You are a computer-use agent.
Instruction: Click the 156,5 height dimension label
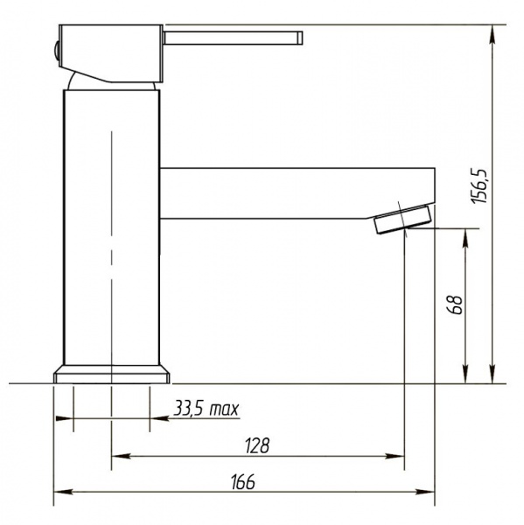[x=479, y=186]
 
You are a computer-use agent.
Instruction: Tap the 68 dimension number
[x=456, y=304]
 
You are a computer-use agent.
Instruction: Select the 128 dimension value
[x=257, y=445]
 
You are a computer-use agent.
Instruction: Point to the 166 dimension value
[x=243, y=481]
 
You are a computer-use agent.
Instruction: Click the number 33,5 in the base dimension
[x=188, y=409]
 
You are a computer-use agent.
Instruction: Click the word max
[x=224, y=409]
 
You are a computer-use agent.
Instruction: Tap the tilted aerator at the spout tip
[x=402, y=219]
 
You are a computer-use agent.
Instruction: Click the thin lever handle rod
[x=234, y=38]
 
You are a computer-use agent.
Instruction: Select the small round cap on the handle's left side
[x=57, y=51]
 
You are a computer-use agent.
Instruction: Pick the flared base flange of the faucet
[x=111, y=374]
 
